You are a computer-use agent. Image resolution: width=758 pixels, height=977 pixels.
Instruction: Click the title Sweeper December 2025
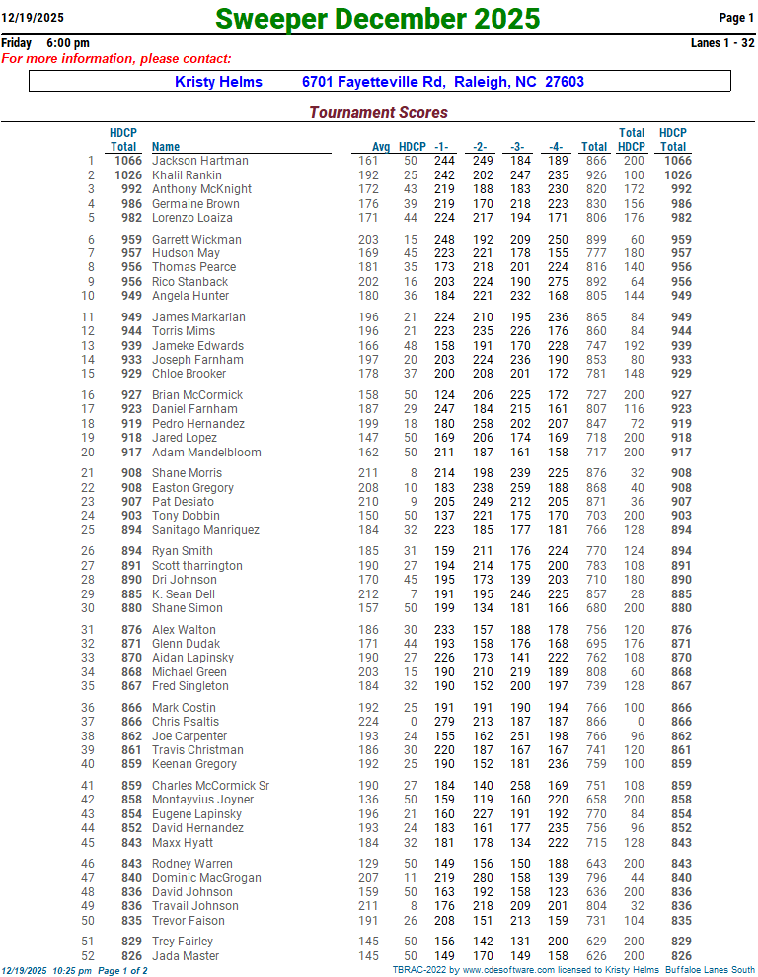(377, 18)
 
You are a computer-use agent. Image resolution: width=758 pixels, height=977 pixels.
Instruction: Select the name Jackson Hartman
(199, 161)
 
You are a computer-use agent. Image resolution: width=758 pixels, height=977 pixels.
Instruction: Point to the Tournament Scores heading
(378, 112)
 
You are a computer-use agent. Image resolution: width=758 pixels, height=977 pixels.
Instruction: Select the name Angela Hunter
(190, 296)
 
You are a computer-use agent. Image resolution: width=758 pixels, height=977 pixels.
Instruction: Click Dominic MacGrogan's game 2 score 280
(482, 878)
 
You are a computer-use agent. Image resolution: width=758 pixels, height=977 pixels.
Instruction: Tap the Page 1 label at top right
(736, 18)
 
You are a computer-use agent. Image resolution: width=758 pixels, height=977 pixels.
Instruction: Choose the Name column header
(166, 147)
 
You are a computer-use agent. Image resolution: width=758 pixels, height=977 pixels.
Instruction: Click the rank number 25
(88, 530)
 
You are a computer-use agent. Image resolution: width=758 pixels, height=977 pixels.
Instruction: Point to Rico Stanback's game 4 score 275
(558, 282)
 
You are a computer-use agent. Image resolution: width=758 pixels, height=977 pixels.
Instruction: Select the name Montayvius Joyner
(202, 800)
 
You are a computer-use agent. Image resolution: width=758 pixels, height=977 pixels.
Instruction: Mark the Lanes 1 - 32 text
(722, 43)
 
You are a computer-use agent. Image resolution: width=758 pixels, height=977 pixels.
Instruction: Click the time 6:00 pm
(67, 43)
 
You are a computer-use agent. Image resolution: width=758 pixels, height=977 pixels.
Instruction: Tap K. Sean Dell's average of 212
(368, 594)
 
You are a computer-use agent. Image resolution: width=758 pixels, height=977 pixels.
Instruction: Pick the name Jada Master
(186, 956)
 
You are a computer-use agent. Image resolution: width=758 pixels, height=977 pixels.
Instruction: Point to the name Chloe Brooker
(189, 374)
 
